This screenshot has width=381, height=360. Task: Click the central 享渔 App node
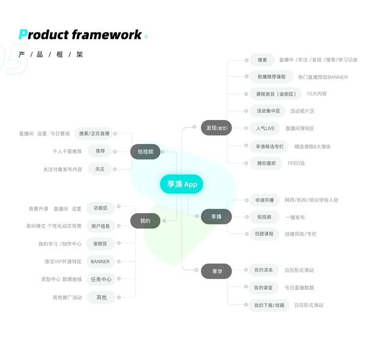coord(181,184)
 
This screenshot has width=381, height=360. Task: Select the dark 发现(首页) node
coord(216,128)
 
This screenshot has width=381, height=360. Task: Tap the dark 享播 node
coord(216,216)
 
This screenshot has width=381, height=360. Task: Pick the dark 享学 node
coord(216,271)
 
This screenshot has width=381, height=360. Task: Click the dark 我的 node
coord(145,221)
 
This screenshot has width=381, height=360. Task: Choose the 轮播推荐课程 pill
coord(272,77)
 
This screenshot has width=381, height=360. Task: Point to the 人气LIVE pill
coord(265,128)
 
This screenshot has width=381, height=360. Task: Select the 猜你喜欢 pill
coord(266,163)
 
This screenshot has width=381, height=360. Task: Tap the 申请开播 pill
coord(264,200)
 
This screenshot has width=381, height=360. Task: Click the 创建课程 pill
coord(265,233)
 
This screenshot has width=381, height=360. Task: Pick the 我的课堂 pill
coord(263,287)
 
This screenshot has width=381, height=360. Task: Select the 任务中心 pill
coord(100,279)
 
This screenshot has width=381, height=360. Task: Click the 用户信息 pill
coord(100,226)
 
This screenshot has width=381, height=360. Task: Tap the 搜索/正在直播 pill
coord(95,133)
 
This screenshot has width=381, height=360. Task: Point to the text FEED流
coord(296,163)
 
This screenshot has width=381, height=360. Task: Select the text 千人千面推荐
coord(67,151)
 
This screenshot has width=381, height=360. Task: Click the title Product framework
coord(80,35)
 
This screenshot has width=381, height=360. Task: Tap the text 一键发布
coord(295,217)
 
